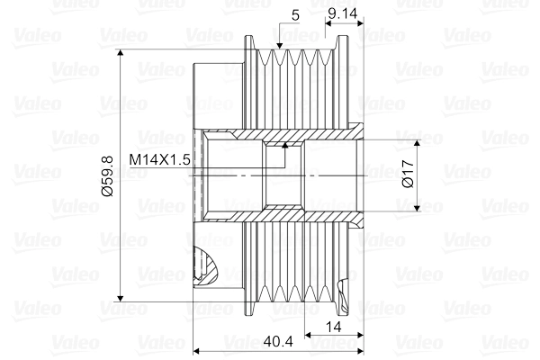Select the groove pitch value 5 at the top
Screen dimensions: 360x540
pos(295,15)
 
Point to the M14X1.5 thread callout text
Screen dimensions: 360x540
pos(160,160)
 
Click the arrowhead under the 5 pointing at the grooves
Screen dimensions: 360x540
pos(282,46)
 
